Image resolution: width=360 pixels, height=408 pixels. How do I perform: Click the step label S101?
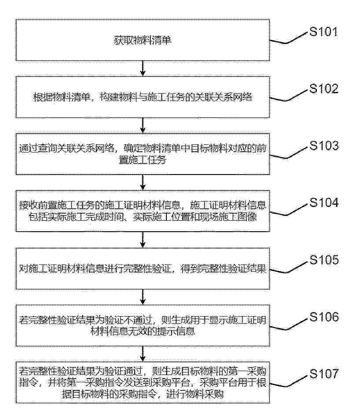point(323,32)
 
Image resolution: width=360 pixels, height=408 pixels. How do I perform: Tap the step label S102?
point(324,89)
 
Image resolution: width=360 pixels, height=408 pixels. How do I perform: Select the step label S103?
point(324,146)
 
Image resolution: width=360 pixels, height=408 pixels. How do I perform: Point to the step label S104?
point(324,203)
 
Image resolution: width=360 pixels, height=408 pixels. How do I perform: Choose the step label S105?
point(324,260)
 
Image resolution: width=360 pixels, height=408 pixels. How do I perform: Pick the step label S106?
point(324,317)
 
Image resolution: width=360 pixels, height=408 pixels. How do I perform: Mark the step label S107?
point(324,374)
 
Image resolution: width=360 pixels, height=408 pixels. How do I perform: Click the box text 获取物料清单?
point(143,40)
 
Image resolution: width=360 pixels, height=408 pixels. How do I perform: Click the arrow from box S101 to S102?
point(143,69)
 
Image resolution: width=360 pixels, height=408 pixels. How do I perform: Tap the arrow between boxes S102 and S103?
point(143,125)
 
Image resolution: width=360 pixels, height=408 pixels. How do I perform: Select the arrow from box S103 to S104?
point(143,182)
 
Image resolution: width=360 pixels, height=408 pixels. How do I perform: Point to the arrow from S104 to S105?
point(143,240)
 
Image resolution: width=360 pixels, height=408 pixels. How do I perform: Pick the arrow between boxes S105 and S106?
point(143,297)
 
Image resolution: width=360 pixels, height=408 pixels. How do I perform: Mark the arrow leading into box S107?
point(143,354)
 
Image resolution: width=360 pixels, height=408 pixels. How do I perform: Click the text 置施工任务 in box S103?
point(143,160)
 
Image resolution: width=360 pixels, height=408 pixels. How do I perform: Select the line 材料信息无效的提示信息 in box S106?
point(143,331)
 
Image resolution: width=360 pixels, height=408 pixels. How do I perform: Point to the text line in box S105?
point(143,268)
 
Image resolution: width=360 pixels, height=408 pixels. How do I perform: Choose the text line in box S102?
point(143,97)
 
